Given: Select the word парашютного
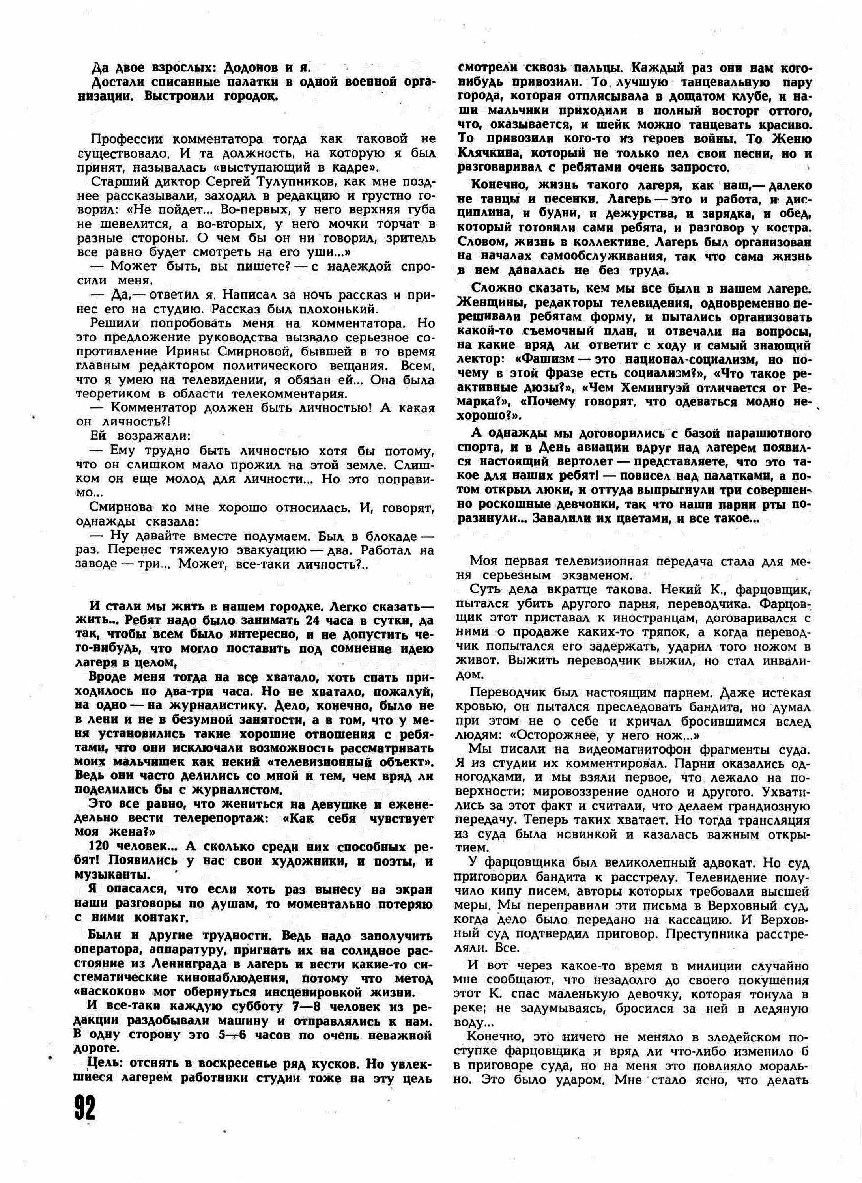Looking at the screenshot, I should tap(756, 433).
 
